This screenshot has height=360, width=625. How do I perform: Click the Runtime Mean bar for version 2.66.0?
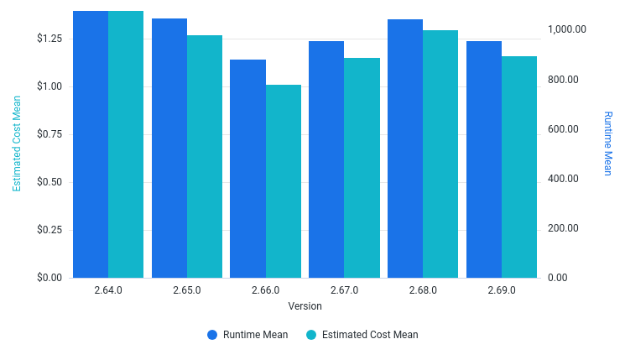[247, 168]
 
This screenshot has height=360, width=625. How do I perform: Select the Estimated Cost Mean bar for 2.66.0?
[284, 180]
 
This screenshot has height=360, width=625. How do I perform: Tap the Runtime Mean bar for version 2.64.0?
[91, 143]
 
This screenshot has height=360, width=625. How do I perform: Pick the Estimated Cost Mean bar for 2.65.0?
[205, 156]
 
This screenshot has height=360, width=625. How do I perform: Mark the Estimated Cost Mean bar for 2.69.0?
[519, 166]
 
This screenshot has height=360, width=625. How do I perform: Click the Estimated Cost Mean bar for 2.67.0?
[362, 167]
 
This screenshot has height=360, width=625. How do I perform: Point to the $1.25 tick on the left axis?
[49, 39]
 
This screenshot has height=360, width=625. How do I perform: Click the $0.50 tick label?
[49, 182]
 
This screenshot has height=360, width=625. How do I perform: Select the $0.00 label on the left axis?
[49, 278]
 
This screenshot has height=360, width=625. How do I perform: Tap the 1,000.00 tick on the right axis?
[567, 29]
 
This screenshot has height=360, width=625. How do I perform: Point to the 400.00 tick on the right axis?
[563, 179]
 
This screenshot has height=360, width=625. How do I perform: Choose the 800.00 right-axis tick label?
[563, 80]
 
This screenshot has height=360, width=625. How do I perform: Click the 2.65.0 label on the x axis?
[187, 290]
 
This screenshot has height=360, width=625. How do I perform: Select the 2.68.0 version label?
[423, 290]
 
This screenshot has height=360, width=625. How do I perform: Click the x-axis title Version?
[305, 306]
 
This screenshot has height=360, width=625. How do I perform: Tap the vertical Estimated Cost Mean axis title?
[16, 143]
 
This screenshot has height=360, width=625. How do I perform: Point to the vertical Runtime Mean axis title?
[608, 143]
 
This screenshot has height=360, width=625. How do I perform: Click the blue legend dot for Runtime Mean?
[212, 335]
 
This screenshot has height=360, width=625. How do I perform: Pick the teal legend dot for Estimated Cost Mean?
[311, 335]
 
